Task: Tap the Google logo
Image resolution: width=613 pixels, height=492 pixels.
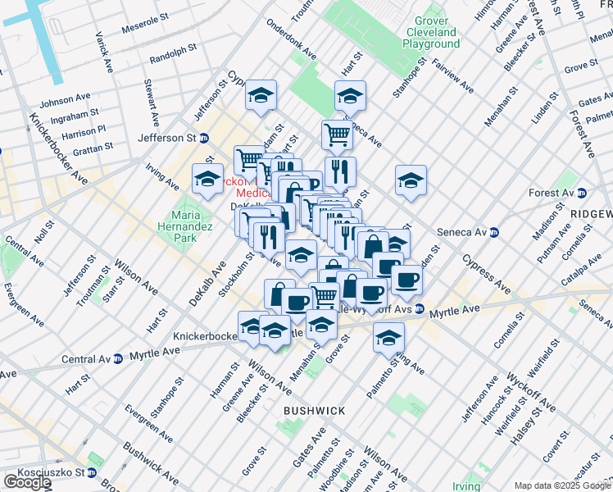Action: [x=26, y=482]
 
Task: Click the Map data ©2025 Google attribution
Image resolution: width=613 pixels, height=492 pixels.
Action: [x=562, y=485]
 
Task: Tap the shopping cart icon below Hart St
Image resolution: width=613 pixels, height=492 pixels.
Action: [x=337, y=134]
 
